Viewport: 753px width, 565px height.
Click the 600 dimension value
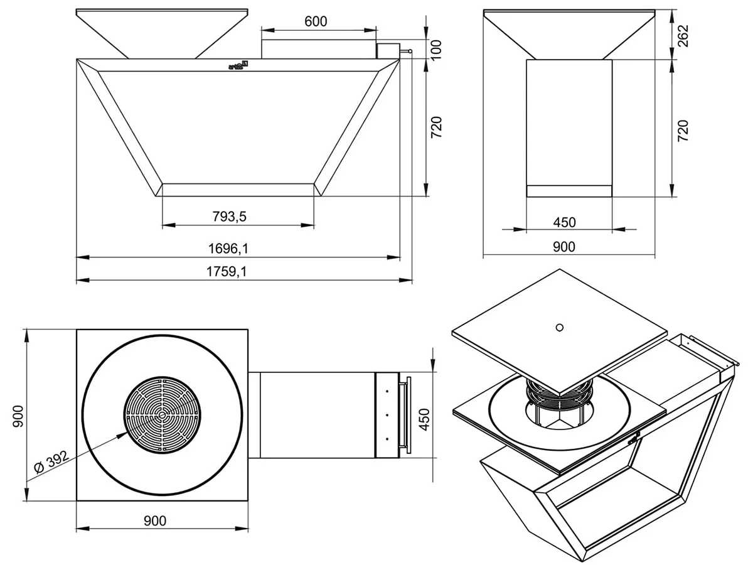[x=316, y=21]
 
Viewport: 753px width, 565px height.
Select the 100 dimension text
[x=437, y=47]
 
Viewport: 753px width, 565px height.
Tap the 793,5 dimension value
[x=228, y=217]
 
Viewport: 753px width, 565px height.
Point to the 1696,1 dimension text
[x=228, y=249]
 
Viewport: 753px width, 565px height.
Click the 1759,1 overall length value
[x=228, y=272]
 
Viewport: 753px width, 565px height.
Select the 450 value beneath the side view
[x=564, y=222]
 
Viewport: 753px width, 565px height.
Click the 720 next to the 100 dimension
[x=437, y=127]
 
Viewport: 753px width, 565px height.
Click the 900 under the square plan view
[x=154, y=520]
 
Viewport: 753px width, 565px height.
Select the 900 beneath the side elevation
[x=564, y=247]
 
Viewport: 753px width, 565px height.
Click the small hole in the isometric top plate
[x=560, y=326]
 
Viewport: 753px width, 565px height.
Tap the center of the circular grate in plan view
[x=162, y=415]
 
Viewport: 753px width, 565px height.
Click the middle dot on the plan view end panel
[x=387, y=415]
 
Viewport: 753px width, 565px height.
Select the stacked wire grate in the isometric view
[x=558, y=393]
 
